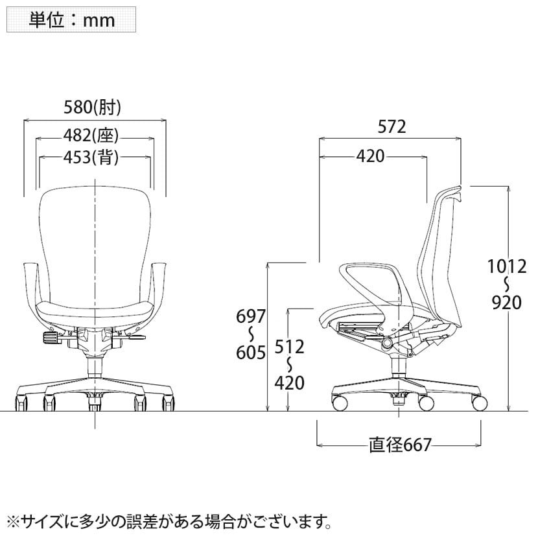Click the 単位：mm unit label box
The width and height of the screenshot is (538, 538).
[x=71, y=19]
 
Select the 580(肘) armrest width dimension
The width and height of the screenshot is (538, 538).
[x=92, y=107]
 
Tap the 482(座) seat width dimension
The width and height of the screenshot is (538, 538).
[x=91, y=135]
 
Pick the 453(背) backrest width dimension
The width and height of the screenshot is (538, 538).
[x=91, y=157]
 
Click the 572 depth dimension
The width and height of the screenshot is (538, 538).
[x=392, y=126]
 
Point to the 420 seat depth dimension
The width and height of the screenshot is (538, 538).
[x=370, y=156]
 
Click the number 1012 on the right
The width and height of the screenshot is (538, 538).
[x=507, y=266]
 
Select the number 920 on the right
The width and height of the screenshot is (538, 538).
[x=507, y=303]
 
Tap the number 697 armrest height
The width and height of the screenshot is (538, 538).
[x=251, y=316]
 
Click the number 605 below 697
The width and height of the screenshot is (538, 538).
[x=251, y=353]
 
